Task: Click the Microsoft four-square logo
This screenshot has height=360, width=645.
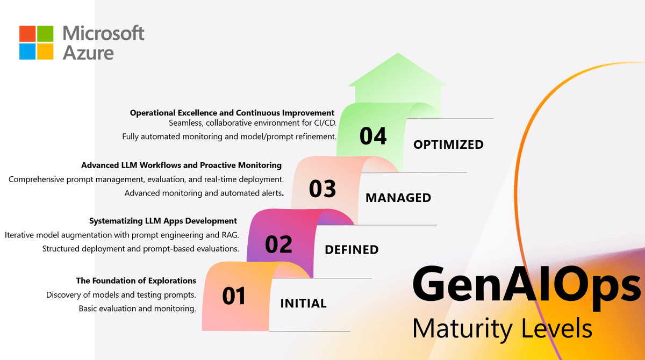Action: pos(37,42)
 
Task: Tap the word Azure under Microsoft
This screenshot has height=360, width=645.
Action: pos(88,52)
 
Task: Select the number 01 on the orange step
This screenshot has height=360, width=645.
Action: pos(234,296)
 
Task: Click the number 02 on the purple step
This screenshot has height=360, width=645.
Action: pos(278,244)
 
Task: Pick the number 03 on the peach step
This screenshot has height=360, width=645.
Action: pos(322,189)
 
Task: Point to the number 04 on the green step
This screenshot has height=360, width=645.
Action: pos(373,136)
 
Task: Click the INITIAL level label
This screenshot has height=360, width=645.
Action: pos(303,304)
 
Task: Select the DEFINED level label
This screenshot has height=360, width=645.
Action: pos(352,250)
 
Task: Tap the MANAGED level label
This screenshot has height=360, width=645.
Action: pos(398,198)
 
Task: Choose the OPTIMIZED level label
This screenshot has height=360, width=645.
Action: pos(448,145)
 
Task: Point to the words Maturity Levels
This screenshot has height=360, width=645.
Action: pos(502,328)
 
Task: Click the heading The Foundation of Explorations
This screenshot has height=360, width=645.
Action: pos(136,280)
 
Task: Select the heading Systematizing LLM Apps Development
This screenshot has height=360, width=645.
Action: pos(163,221)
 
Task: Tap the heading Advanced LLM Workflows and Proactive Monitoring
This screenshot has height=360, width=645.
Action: pos(181,165)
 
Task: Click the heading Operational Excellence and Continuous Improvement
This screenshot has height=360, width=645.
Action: pos(232,113)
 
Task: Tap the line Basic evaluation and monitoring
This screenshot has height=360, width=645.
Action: pos(137,308)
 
